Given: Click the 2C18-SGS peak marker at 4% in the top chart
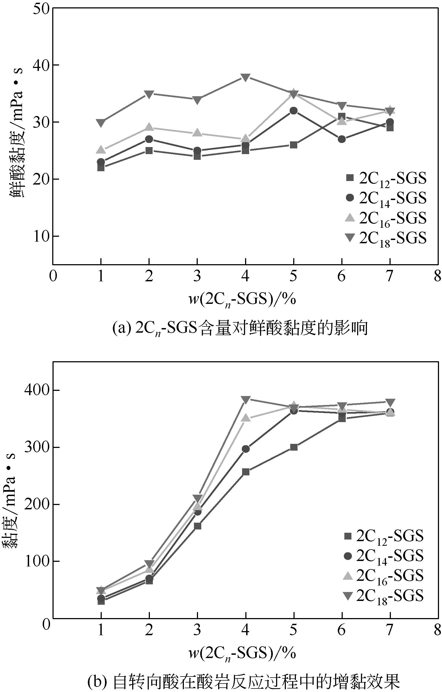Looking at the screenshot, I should click(245, 77).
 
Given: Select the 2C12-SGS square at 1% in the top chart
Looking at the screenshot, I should click(101, 167).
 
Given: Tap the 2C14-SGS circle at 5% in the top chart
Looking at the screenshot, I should click(293, 111).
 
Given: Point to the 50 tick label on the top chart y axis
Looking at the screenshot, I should click(42, 8).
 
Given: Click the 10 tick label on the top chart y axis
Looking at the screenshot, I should click(42, 236).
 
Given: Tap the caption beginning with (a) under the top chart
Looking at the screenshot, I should click(240, 328).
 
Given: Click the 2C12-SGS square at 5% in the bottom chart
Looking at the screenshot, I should click(293, 447).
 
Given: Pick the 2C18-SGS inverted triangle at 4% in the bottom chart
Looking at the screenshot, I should click(246, 400).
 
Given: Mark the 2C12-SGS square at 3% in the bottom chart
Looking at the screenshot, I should click(197, 526).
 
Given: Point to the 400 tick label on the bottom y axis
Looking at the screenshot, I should click(37, 391).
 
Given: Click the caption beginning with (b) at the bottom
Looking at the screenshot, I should click(243, 682).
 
